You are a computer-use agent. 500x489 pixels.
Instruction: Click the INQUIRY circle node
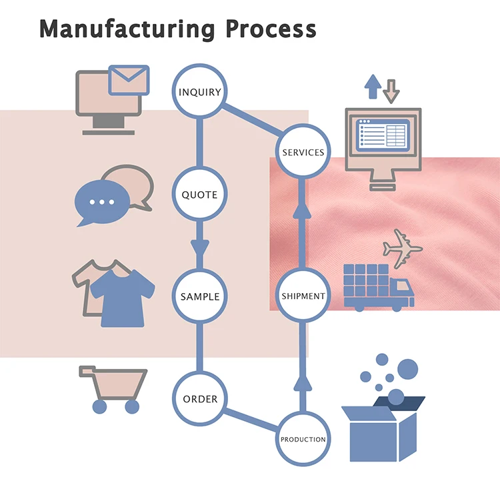[200, 91]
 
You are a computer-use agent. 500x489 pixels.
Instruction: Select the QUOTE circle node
[200, 195]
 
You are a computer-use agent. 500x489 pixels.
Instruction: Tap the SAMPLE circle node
[200, 296]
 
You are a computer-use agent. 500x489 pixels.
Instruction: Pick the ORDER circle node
[200, 398]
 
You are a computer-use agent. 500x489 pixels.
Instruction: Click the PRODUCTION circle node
[303, 439]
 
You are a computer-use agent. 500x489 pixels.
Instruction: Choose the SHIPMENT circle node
[303, 296]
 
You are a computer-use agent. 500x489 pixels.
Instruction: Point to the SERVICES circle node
[303, 152]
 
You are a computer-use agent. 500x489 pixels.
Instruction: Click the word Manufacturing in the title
[127, 29]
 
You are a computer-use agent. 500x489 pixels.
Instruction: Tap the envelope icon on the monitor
[129, 79]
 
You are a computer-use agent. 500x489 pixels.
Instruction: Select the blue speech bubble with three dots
[101, 202]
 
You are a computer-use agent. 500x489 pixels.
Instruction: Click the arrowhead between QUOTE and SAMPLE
[200, 247]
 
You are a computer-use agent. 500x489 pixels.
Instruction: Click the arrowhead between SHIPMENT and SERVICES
[303, 212]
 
